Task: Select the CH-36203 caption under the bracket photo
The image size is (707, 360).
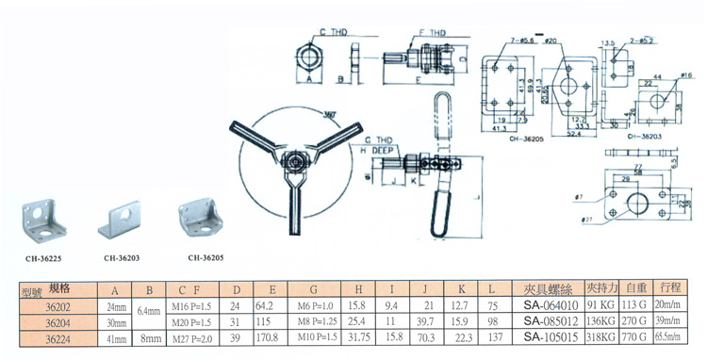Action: (122, 255)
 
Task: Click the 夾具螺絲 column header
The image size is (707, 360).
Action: (542, 289)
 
